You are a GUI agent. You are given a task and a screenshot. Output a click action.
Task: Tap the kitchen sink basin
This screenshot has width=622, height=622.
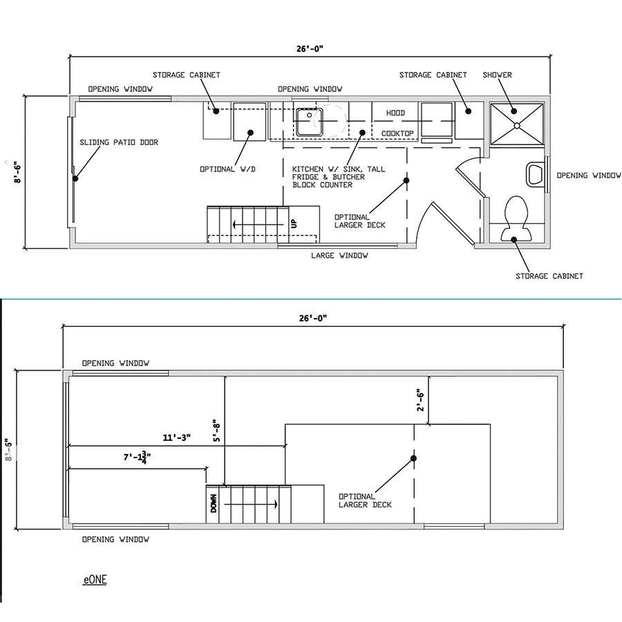click(x=310, y=122)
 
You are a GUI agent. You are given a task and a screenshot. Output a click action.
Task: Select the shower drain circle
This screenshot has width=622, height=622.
click(x=517, y=125)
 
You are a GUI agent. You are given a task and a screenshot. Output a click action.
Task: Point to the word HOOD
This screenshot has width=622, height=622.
click(x=395, y=113)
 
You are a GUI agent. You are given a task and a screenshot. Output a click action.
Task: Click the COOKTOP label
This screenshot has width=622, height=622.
click(x=397, y=133)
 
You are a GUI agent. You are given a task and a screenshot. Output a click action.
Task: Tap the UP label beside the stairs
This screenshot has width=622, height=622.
click(x=294, y=224)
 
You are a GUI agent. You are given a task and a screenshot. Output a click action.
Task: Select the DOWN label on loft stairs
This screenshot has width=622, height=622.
click(x=214, y=503)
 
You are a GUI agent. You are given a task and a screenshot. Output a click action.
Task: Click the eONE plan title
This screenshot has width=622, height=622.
click(x=95, y=580)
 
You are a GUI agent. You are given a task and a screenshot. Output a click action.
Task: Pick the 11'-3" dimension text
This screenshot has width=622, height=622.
click(x=176, y=437)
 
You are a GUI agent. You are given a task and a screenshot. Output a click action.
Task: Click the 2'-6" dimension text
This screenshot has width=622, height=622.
click(x=420, y=401)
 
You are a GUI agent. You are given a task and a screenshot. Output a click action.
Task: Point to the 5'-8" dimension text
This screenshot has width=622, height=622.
click(x=216, y=431)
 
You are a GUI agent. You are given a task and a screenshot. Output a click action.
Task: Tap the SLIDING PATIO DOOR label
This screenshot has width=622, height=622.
click(x=119, y=142)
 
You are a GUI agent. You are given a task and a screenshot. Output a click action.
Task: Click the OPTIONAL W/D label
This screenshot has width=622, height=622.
click(x=227, y=169)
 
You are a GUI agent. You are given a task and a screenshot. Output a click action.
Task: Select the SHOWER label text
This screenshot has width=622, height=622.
click(x=497, y=75)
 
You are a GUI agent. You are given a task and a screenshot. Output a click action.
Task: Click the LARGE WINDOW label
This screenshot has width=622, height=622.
click(x=339, y=256)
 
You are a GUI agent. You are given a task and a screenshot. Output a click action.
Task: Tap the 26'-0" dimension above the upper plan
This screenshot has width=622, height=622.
click(x=310, y=49)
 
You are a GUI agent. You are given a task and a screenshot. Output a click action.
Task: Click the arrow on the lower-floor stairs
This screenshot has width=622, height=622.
click(x=258, y=225)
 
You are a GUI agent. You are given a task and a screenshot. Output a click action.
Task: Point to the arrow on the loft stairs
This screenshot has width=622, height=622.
click(x=251, y=505)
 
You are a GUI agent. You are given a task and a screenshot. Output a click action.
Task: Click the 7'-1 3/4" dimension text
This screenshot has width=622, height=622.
click(x=138, y=458)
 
